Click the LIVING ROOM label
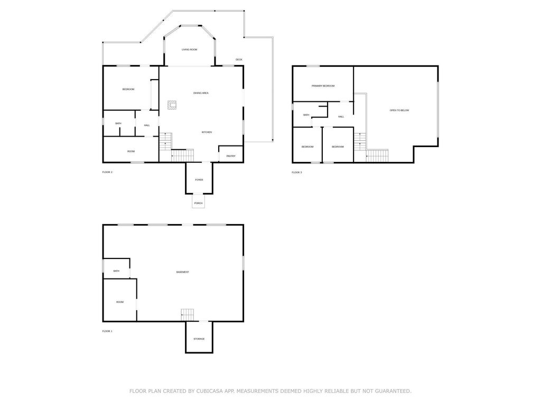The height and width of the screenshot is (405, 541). pos(189,50)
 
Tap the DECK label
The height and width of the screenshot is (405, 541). pos(239,60)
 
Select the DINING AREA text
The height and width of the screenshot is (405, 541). pos(201,93)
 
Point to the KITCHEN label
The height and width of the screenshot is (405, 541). pos(207,132)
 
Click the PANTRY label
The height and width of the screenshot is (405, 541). pos(231,156)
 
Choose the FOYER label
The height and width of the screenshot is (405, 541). pos(199,180)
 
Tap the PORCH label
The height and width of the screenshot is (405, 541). pos(198,203)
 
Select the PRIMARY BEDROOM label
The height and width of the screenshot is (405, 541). pos(323,85)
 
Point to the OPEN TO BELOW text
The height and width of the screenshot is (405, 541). pos(399,110)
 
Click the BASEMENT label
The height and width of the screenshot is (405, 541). pos(182,272)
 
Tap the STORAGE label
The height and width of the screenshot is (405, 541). pos(199,339)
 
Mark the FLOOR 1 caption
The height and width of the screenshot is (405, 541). pos(107,331)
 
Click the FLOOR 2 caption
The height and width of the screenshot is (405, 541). pos(107,172)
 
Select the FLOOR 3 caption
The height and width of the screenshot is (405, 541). pos(297,172)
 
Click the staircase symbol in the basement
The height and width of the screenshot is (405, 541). pos(188,314)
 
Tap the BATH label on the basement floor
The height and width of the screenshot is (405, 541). pos(116,271)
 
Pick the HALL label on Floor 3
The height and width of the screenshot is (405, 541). pos(341,117)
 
